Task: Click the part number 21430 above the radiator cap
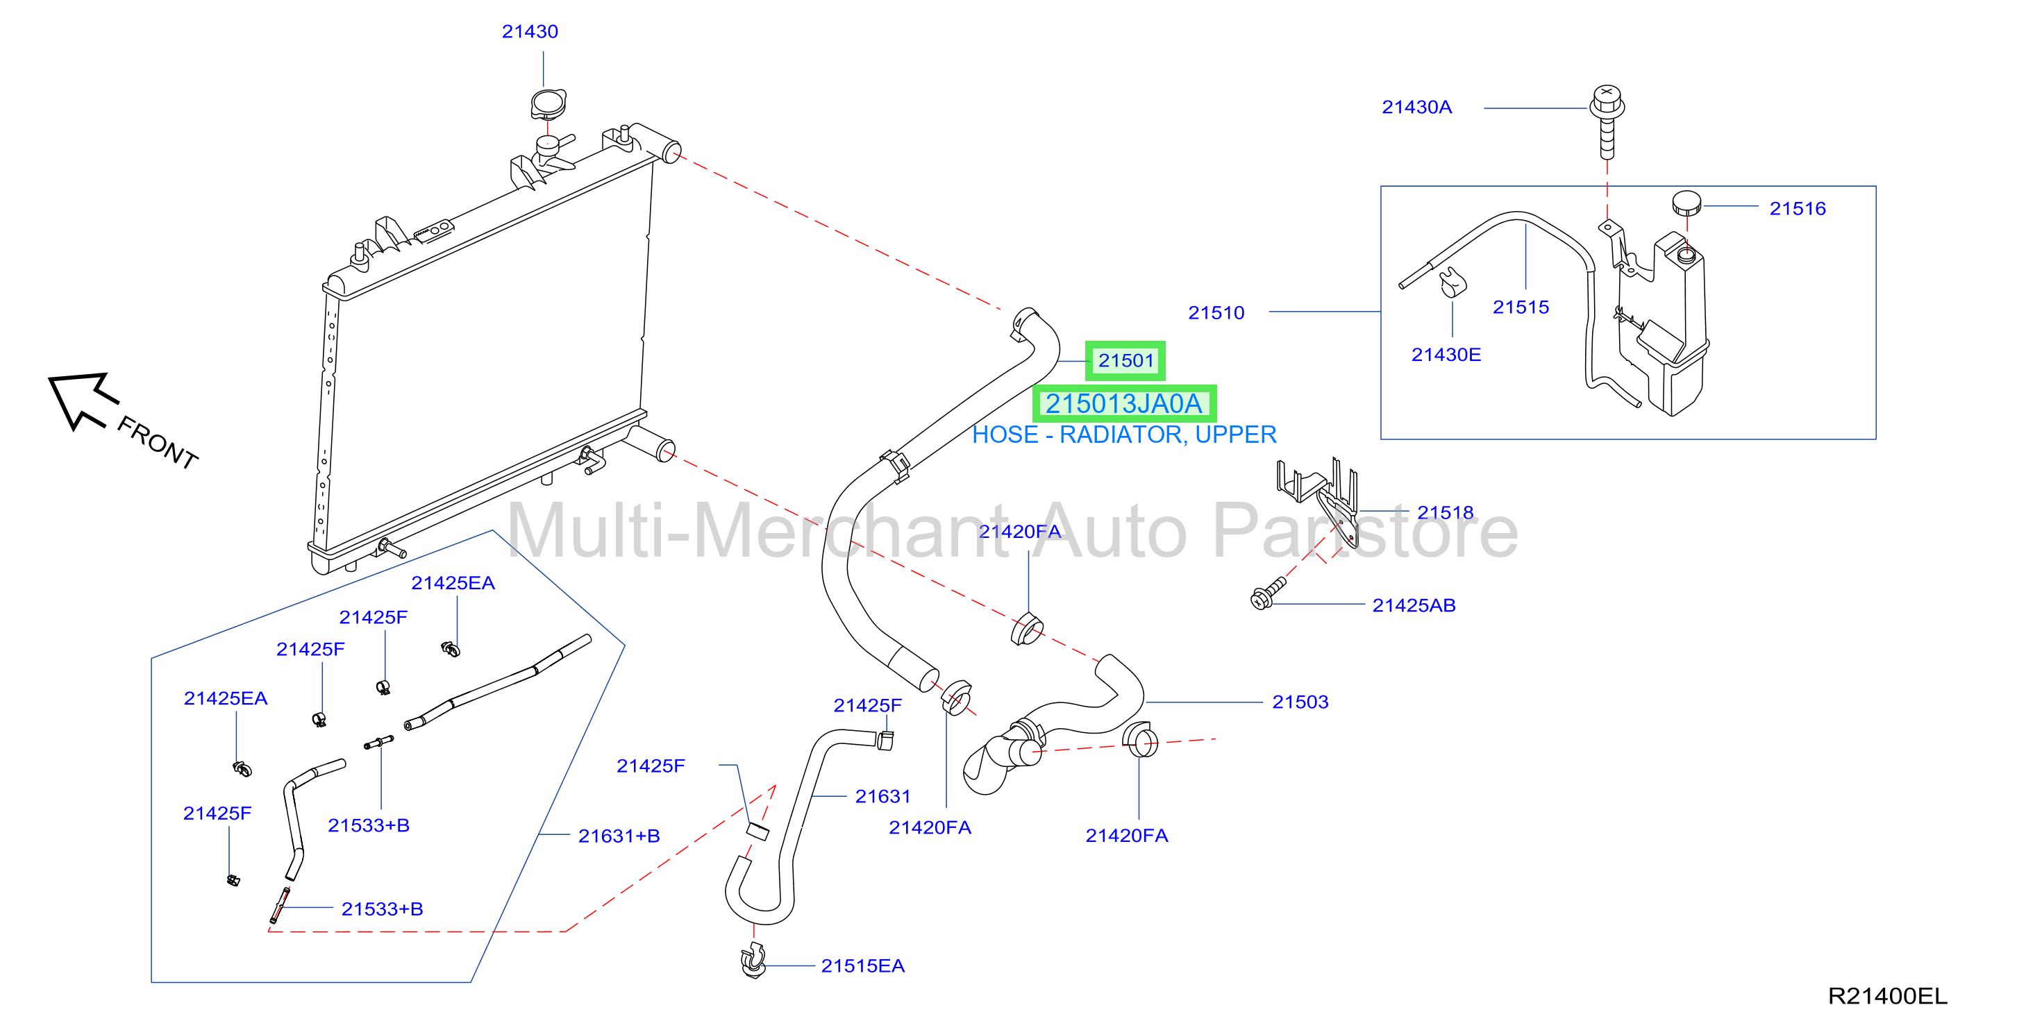point(530,31)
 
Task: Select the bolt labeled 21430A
point(1607,122)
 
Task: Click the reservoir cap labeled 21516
point(1686,202)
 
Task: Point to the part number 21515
point(1521,307)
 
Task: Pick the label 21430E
point(1446,355)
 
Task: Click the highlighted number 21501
point(1125,361)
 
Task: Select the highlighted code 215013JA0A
point(1124,403)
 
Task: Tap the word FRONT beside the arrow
point(158,443)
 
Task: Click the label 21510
point(1216,313)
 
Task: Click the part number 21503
point(1300,702)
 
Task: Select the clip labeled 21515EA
point(753,960)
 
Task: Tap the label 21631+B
point(619,836)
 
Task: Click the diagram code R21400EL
point(1888,996)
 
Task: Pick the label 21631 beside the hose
point(882,797)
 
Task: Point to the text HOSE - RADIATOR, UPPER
point(1124,434)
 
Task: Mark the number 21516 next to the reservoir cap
point(1797,208)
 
